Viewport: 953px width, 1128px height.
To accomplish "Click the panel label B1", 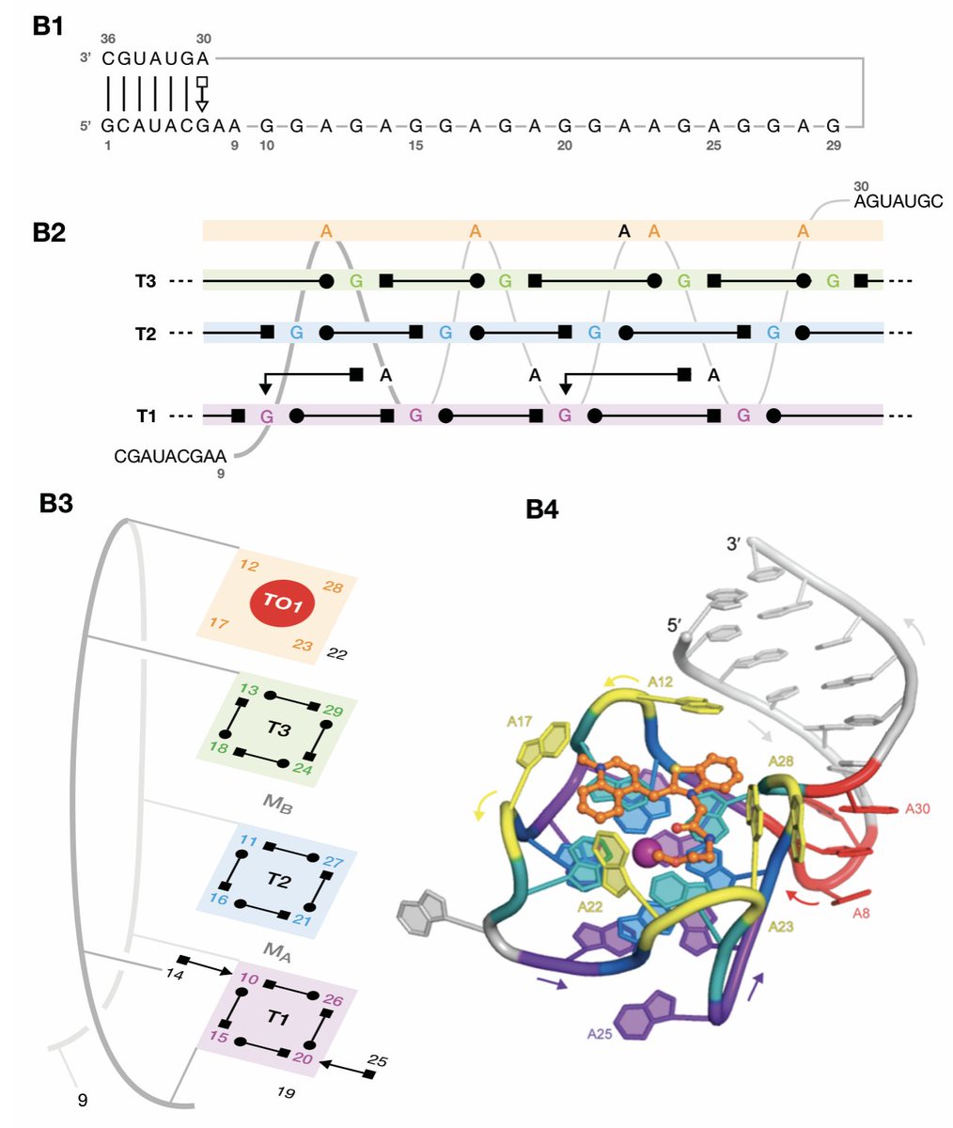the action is tap(48, 26).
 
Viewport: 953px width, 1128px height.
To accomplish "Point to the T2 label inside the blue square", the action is tap(277, 880).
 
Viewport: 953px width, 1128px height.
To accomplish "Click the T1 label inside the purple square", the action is tap(277, 1020).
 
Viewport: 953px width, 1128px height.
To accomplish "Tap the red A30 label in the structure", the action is tap(917, 808).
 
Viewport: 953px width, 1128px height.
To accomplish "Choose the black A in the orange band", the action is tap(623, 230).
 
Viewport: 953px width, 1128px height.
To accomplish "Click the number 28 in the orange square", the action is tap(333, 587).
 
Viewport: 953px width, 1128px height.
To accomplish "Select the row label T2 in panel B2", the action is tap(146, 333).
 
